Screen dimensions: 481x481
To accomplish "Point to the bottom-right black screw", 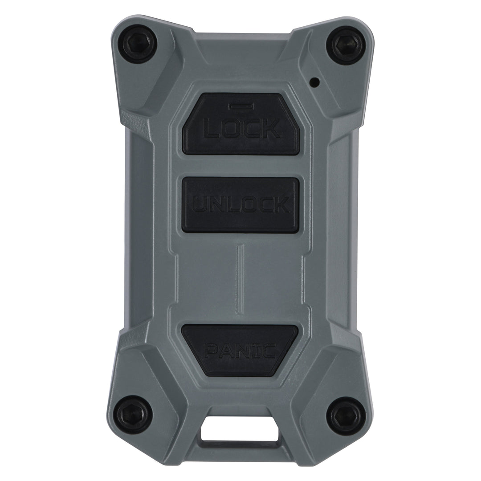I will (x=346, y=415).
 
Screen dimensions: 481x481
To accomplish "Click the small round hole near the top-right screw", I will (x=315, y=82).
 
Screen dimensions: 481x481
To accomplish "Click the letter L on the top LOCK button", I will (x=212, y=129).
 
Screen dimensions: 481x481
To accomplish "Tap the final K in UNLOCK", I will (x=281, y=205).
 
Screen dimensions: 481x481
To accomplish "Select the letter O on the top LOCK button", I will (x=232, y=129).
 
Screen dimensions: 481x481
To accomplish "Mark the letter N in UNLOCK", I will (x=216, y=205).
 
